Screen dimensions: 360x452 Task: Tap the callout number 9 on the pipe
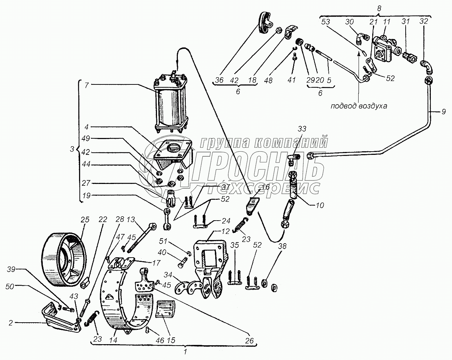[443, 112]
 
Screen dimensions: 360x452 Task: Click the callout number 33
[303, 128]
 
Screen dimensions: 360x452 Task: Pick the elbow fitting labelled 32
[427, 67]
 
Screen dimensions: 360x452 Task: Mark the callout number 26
[250, 340]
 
